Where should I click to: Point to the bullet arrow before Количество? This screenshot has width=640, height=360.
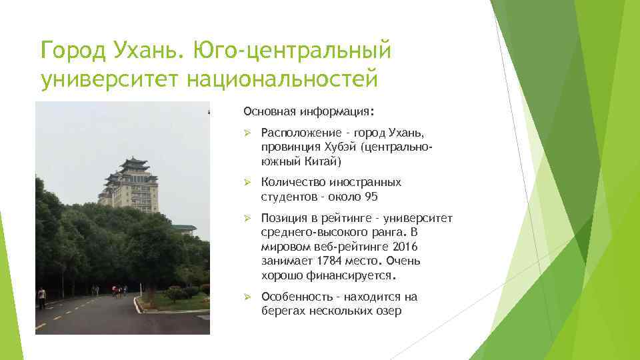[x=247, y=182]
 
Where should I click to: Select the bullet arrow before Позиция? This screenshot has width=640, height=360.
[x=247, y=219]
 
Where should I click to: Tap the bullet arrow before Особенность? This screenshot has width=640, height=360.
[x=247, y=297]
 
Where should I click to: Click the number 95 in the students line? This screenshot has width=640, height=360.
[x=372, y=196]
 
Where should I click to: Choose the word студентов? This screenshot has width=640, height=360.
[x=289, y=196]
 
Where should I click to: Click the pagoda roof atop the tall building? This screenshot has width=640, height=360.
[x=133, y=163]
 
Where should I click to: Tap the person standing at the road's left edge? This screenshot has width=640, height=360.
[x=42, y=297]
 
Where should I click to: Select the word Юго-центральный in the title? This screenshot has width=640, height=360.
[x=293, y=49]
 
